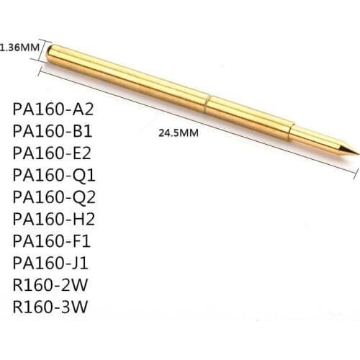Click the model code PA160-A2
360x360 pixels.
click(x=53, y=110)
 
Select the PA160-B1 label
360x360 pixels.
click(x=53, y=132)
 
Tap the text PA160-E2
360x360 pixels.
click(x=53, y=153)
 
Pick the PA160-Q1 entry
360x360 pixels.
click(x=53, y=175)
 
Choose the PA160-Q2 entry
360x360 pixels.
click(x=53, y=197)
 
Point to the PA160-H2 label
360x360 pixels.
click(x=53, y=218)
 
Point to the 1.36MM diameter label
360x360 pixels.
click(x=19, y=48)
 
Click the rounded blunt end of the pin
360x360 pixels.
click(x=51, y=54)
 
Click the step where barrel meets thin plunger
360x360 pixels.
click(x=293, y=132)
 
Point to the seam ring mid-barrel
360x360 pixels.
click(x=208, y=102)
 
